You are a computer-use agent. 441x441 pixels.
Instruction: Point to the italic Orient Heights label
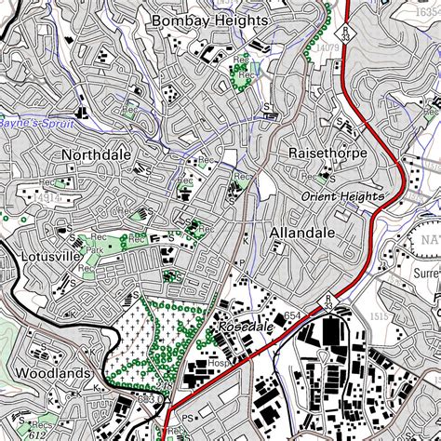[342, 196]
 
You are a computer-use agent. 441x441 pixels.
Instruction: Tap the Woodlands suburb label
[52, 373]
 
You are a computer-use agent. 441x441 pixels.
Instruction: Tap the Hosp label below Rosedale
[220, 363]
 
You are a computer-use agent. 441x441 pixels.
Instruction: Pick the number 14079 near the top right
[327, 47]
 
